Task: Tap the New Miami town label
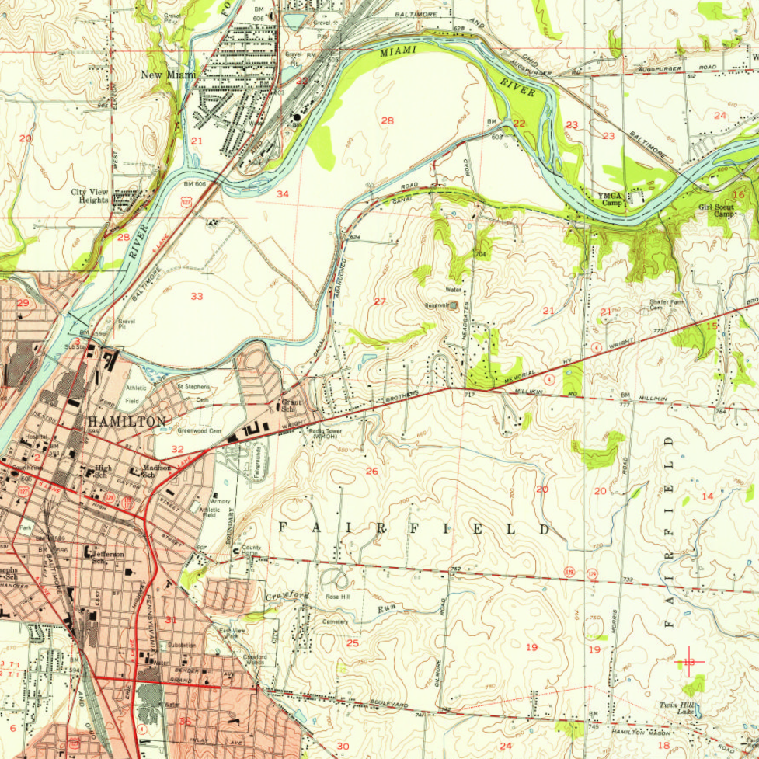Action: click(168, 75)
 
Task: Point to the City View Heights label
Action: click(89, 196)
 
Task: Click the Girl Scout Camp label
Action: click(715, 211)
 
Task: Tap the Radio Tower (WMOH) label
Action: click(324, 434)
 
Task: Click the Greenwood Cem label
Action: click(199, 430)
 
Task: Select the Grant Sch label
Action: click(291, 404)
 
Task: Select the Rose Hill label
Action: click(338, 597)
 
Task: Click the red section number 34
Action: click(283, 193)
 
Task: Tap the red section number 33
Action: click(197, 296)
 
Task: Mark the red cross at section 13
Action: click(688, 662)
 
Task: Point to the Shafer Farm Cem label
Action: click(667, 305)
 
